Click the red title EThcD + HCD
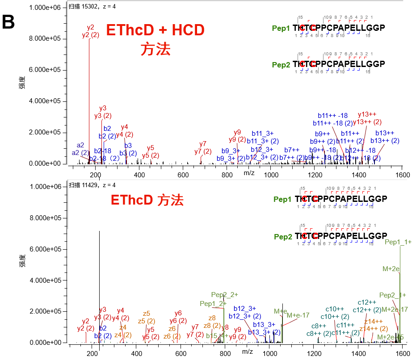click(x=155, y=30)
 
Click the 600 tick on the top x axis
click(x=183, y=175)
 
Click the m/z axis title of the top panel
click(x=249, y=173)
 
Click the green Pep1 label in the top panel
click(x=281, y=28)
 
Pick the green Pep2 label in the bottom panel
click(x=282, y=236)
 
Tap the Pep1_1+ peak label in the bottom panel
click(x=398, y=242)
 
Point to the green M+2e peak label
click(x=391, y=269)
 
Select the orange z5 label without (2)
click(x=146, y=313)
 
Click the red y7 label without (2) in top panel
click(x=203, y=143)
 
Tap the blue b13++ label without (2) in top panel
click(x=384, y=133)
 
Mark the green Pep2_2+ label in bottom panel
click(x=225, y=295)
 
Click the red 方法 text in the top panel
click(x=155, y=49)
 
